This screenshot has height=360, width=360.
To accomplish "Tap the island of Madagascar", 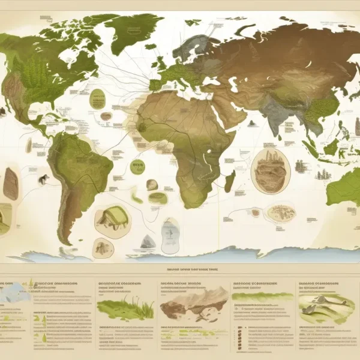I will click(229, 181).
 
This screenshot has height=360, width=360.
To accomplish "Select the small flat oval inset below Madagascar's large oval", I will click(278, 211).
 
